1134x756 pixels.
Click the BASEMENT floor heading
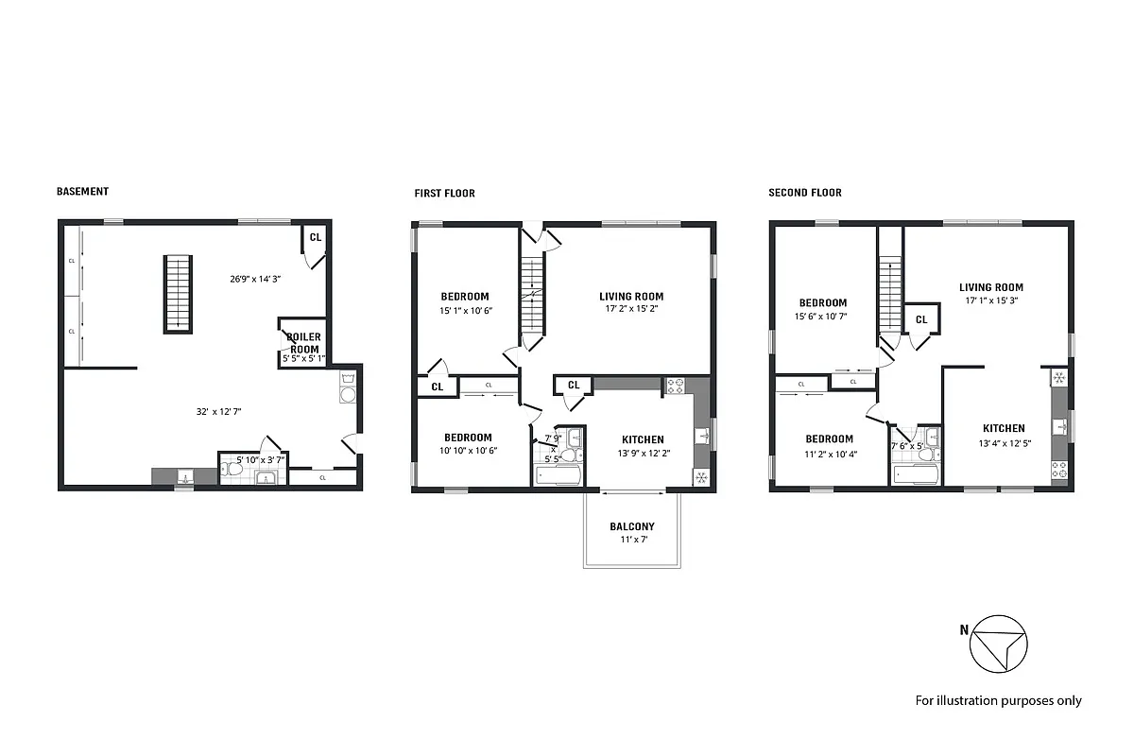click(82, 191)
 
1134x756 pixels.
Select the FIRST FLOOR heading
click(444, 193)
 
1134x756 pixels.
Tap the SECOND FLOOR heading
click(804, 193)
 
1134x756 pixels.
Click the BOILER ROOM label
click(304, 343)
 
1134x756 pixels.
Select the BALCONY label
click(631, 526)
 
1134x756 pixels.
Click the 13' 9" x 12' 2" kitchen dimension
click(642, 453)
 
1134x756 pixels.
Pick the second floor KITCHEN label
click(1003, 428)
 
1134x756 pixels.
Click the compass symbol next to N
click(999, 643)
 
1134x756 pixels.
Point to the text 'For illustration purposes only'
click(998, 700)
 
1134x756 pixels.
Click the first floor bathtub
click(558, 475)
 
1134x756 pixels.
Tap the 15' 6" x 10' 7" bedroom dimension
click(820, 317)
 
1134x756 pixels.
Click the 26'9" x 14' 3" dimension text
click(255, 279)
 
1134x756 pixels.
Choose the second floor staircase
click(888, 293)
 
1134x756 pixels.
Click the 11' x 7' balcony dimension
click(631, 540)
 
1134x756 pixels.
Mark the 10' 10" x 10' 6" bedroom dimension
click(467, 451)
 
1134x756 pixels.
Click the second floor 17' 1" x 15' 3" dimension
click(990, 301)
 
